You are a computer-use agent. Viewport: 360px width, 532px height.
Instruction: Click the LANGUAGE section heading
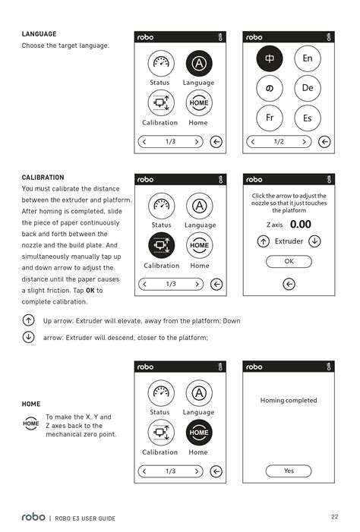(x=39, y=34)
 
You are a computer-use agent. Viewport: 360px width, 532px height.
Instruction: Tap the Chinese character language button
(x=270, y=58)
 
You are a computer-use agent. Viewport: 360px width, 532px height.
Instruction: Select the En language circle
(x=308, y=58)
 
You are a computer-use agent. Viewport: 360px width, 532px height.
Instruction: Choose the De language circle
(x=308, y=88)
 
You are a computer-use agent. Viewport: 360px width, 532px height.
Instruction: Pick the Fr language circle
(x=270, y=118)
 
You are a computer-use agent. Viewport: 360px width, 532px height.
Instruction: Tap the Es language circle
(x=308, y=118)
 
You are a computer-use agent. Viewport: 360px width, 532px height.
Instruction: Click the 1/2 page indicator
(x=279, y=141)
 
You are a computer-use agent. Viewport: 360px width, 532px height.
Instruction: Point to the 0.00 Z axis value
(x=301, y=225)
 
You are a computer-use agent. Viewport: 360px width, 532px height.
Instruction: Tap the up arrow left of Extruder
(x=264, y=241)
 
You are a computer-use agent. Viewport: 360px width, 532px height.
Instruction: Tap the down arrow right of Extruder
(x=314, y=241)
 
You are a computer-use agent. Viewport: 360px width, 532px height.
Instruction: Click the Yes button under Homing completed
(x=289, y=471)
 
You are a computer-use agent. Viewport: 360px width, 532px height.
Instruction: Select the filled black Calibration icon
(x=162, y=245)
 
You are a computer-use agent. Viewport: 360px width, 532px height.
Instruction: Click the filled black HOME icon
(x=199, y=433)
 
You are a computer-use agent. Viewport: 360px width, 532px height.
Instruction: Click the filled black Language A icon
(x=199, y=64)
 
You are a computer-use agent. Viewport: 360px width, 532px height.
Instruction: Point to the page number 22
(x=334, y=517)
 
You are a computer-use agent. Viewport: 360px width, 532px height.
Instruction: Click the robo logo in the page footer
(x=33, y=517)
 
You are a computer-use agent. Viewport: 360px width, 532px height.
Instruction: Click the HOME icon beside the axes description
(x=30, y=423)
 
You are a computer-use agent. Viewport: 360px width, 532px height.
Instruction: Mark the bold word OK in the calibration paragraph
(x=90, y=291)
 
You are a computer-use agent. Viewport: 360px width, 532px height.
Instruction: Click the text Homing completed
(x=289, y=401)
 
